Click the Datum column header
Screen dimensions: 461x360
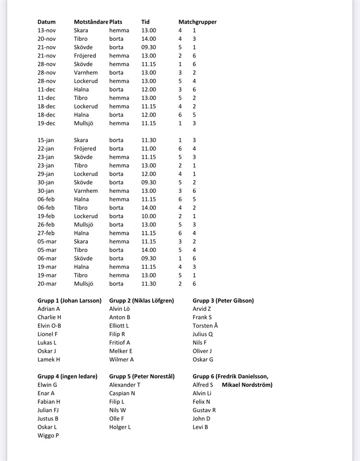click(x=47, y=22)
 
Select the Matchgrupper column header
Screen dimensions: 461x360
click(x=197, y=22)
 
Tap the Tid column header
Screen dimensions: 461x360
click(x=145, y=22)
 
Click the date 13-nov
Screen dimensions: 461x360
click(x=47, y=30)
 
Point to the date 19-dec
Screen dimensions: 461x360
click(x=47, y=123)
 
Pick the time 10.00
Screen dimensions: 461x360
click(x=148, y=216)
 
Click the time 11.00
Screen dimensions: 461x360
click(x=148, y=149)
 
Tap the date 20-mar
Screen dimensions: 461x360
click(x=47, y=284)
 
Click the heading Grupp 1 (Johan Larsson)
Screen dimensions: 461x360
click(x=70, y=301)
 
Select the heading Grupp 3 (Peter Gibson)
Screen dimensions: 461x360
click(x=223, y=301)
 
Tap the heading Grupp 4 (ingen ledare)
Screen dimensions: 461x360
click(x=67, y=376)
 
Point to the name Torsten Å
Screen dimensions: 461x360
click(x=205, y=326)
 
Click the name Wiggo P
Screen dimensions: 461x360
click(x=48, y=436)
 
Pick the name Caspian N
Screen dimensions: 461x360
click(x=122, y=393)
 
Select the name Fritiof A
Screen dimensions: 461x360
click(x=120, y=342)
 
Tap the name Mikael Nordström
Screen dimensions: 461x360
click(x=247, y=385)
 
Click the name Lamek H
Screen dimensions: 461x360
click(x=48, y=359)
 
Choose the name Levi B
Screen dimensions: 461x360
click(x=200, y=427)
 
